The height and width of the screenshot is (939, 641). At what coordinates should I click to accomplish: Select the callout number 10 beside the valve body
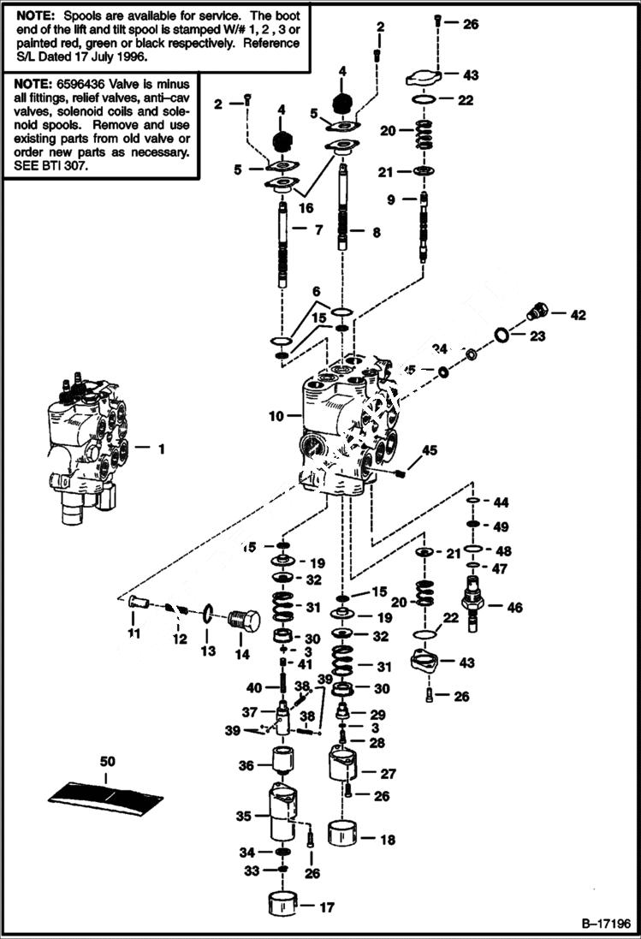coord(276,417)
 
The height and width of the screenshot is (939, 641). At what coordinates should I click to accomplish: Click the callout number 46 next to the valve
coord(514,609)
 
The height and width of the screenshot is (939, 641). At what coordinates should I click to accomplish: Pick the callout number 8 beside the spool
coord(377,231)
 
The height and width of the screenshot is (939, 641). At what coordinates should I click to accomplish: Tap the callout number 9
coord(391,200)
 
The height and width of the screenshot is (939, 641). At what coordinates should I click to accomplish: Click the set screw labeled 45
coord(401,471)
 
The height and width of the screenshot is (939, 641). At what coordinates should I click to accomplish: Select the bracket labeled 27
coord(349,764)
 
